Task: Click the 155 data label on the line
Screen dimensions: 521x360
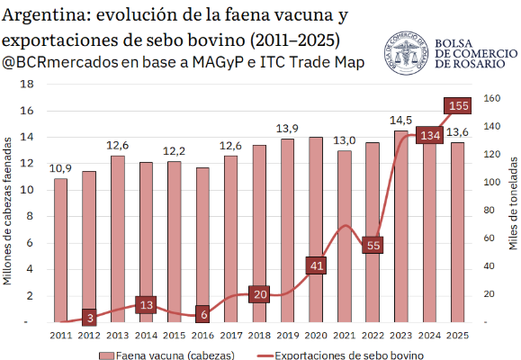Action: [457, 106]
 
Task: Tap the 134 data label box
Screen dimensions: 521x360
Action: [429, 135]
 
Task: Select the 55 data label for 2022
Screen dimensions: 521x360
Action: [373, 246]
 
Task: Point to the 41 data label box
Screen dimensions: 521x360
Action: [316, 265]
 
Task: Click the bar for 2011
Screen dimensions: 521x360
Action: [61, 250]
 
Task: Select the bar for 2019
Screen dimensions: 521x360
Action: [287, 230]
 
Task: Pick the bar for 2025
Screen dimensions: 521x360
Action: [457, 232]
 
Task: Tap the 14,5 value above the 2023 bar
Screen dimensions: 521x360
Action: [400, 121]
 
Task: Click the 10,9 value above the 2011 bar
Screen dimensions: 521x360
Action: [60, 168]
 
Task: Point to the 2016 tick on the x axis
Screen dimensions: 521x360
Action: [202, 335]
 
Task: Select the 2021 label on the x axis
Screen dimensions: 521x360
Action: [345, 335]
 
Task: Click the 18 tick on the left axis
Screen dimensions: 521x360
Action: [27, 84]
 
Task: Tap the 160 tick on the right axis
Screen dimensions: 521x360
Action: [492, 98]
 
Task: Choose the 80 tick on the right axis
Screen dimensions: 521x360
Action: [490, 210]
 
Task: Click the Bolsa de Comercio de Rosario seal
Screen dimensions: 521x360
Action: [406, 53]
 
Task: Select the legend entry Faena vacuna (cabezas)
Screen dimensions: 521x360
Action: [166, 355]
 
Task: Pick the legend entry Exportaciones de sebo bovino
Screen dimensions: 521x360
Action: [337, 355]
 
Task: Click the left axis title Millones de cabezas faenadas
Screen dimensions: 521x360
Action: [7, 211]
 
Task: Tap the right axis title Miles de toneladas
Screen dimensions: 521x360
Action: [513, 203]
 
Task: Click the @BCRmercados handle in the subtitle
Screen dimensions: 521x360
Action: [59, 62]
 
